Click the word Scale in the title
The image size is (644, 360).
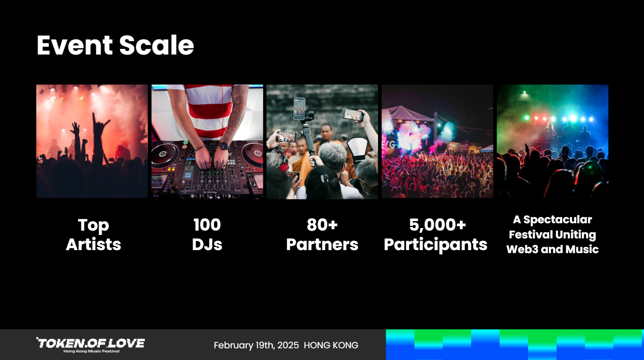coord(157,45)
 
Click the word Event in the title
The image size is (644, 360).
coord(74,45)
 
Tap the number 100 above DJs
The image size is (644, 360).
coord(207,225)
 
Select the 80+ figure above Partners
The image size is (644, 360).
coord(322,225)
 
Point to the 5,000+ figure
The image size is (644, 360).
coord(437,225)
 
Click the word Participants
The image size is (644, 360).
coord(436,245)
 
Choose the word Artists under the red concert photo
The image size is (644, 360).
coord(93,244)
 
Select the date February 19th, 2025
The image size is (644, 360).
coord(256,345)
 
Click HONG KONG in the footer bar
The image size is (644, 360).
coord(331,345)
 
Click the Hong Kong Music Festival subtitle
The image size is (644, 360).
coord(91,351)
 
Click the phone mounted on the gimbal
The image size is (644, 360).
coord(299,109)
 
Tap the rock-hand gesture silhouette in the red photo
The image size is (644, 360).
coord(99,126)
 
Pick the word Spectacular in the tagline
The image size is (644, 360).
coord(557,220)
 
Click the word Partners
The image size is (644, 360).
coord(322,245)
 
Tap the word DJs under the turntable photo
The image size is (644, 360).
coord(207,245)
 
